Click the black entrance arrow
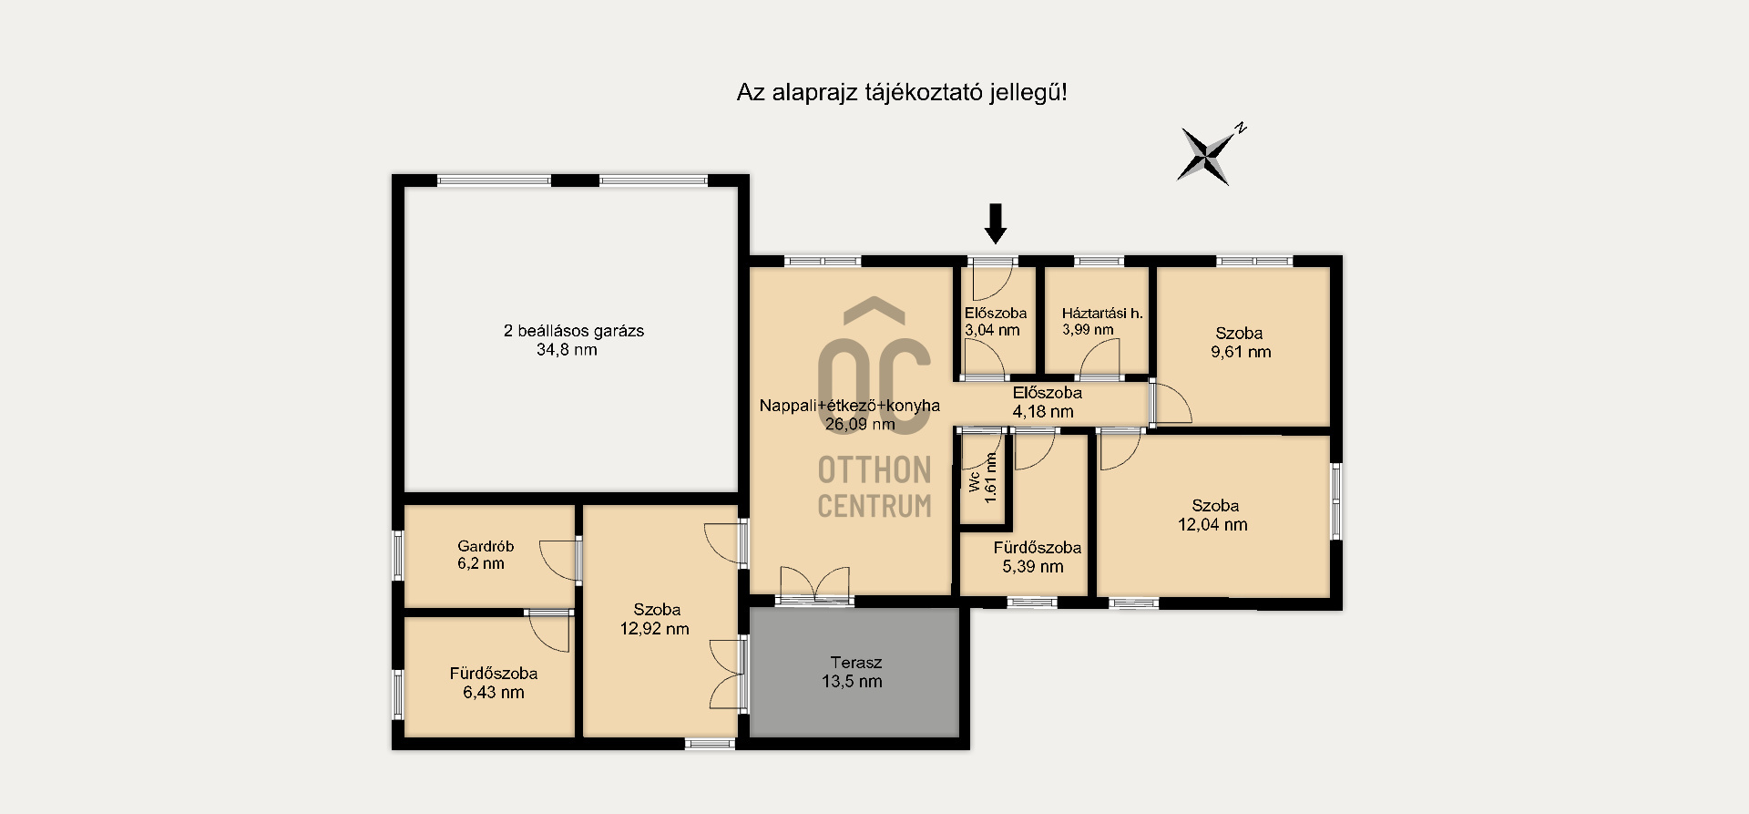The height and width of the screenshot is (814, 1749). pyautogui.click(x=996, y=223)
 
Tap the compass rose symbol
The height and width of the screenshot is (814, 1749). pyautogui.click(x=1207, y=155)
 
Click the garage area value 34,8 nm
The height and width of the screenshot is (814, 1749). pyautogui.click(x=567, y=350)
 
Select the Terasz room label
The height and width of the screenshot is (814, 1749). pyautogui.click(x=855, y=663)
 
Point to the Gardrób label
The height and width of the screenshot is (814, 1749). pyautogui.click(x=486, y=546)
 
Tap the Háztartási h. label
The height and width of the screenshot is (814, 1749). pyautogui.click(x=1102, y=314)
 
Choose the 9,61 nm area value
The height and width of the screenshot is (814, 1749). pyautogui.click(x=1241, y=352)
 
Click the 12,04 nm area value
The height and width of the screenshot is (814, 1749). pyautogui.click(x=1212, y=524)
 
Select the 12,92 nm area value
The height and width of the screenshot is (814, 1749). pyautogui.click(x=654, y=629)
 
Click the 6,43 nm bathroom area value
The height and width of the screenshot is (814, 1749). pyautogui.click(x=494, y=693)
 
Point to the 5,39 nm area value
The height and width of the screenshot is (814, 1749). pyautogui.click(x=1033, y=567)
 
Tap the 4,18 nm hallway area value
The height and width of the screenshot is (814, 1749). pyautogui.click(x=1043, y=412)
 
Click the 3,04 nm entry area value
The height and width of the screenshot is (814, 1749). pyautogui.click(x=992, y=331)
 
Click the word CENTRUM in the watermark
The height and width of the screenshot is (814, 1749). pyautogui.click(x=874, y=505)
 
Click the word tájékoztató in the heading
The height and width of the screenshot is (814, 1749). pyautogui.click(x=922, y=93)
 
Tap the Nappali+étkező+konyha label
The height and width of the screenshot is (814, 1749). pyautogui.click(x=850, y=406)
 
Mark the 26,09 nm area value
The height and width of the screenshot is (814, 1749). pyautogui.click(x=860, y=424)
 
